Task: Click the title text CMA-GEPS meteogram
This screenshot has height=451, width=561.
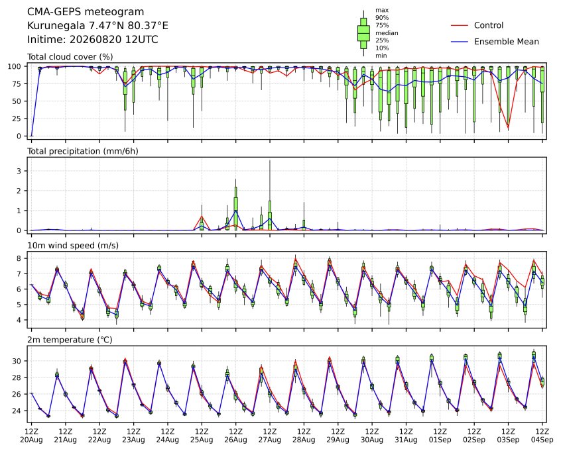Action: [x=86, y=12]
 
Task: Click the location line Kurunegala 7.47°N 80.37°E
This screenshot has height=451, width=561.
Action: [x=97, y=26]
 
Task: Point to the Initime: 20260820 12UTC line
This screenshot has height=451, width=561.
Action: [x=93, y=39]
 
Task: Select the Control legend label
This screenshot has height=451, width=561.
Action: [x=488, y=25]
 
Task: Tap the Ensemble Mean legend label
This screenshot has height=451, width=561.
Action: [x=506, y=42]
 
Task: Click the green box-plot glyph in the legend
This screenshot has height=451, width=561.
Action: [x=363, y=33]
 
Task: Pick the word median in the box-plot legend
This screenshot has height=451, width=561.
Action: [x=387, y=33]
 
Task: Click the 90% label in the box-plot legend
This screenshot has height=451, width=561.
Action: [x=382, y=17]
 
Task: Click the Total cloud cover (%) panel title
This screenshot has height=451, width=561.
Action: [x=70, y=57]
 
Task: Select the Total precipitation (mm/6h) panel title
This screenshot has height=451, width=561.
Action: [x=83, y=151]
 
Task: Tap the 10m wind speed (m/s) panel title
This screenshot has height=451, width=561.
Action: [x=73, y=246]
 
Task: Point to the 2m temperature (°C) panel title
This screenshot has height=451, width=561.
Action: [x=70, y=340]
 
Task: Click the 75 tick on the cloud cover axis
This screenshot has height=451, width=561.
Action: [x=17, y=84]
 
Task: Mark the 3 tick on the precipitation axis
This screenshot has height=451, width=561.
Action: [x=19, y=171]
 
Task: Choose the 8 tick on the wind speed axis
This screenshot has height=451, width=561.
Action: [x=19, y=258]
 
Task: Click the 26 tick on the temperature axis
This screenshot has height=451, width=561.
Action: [x=17, y=394]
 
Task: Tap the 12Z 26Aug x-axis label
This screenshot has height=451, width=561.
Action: [x=236, y=436]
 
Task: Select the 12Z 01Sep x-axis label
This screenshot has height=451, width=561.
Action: [x=440, y=436]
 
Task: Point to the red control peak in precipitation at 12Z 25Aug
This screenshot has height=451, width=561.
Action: [x=202, y=216]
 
